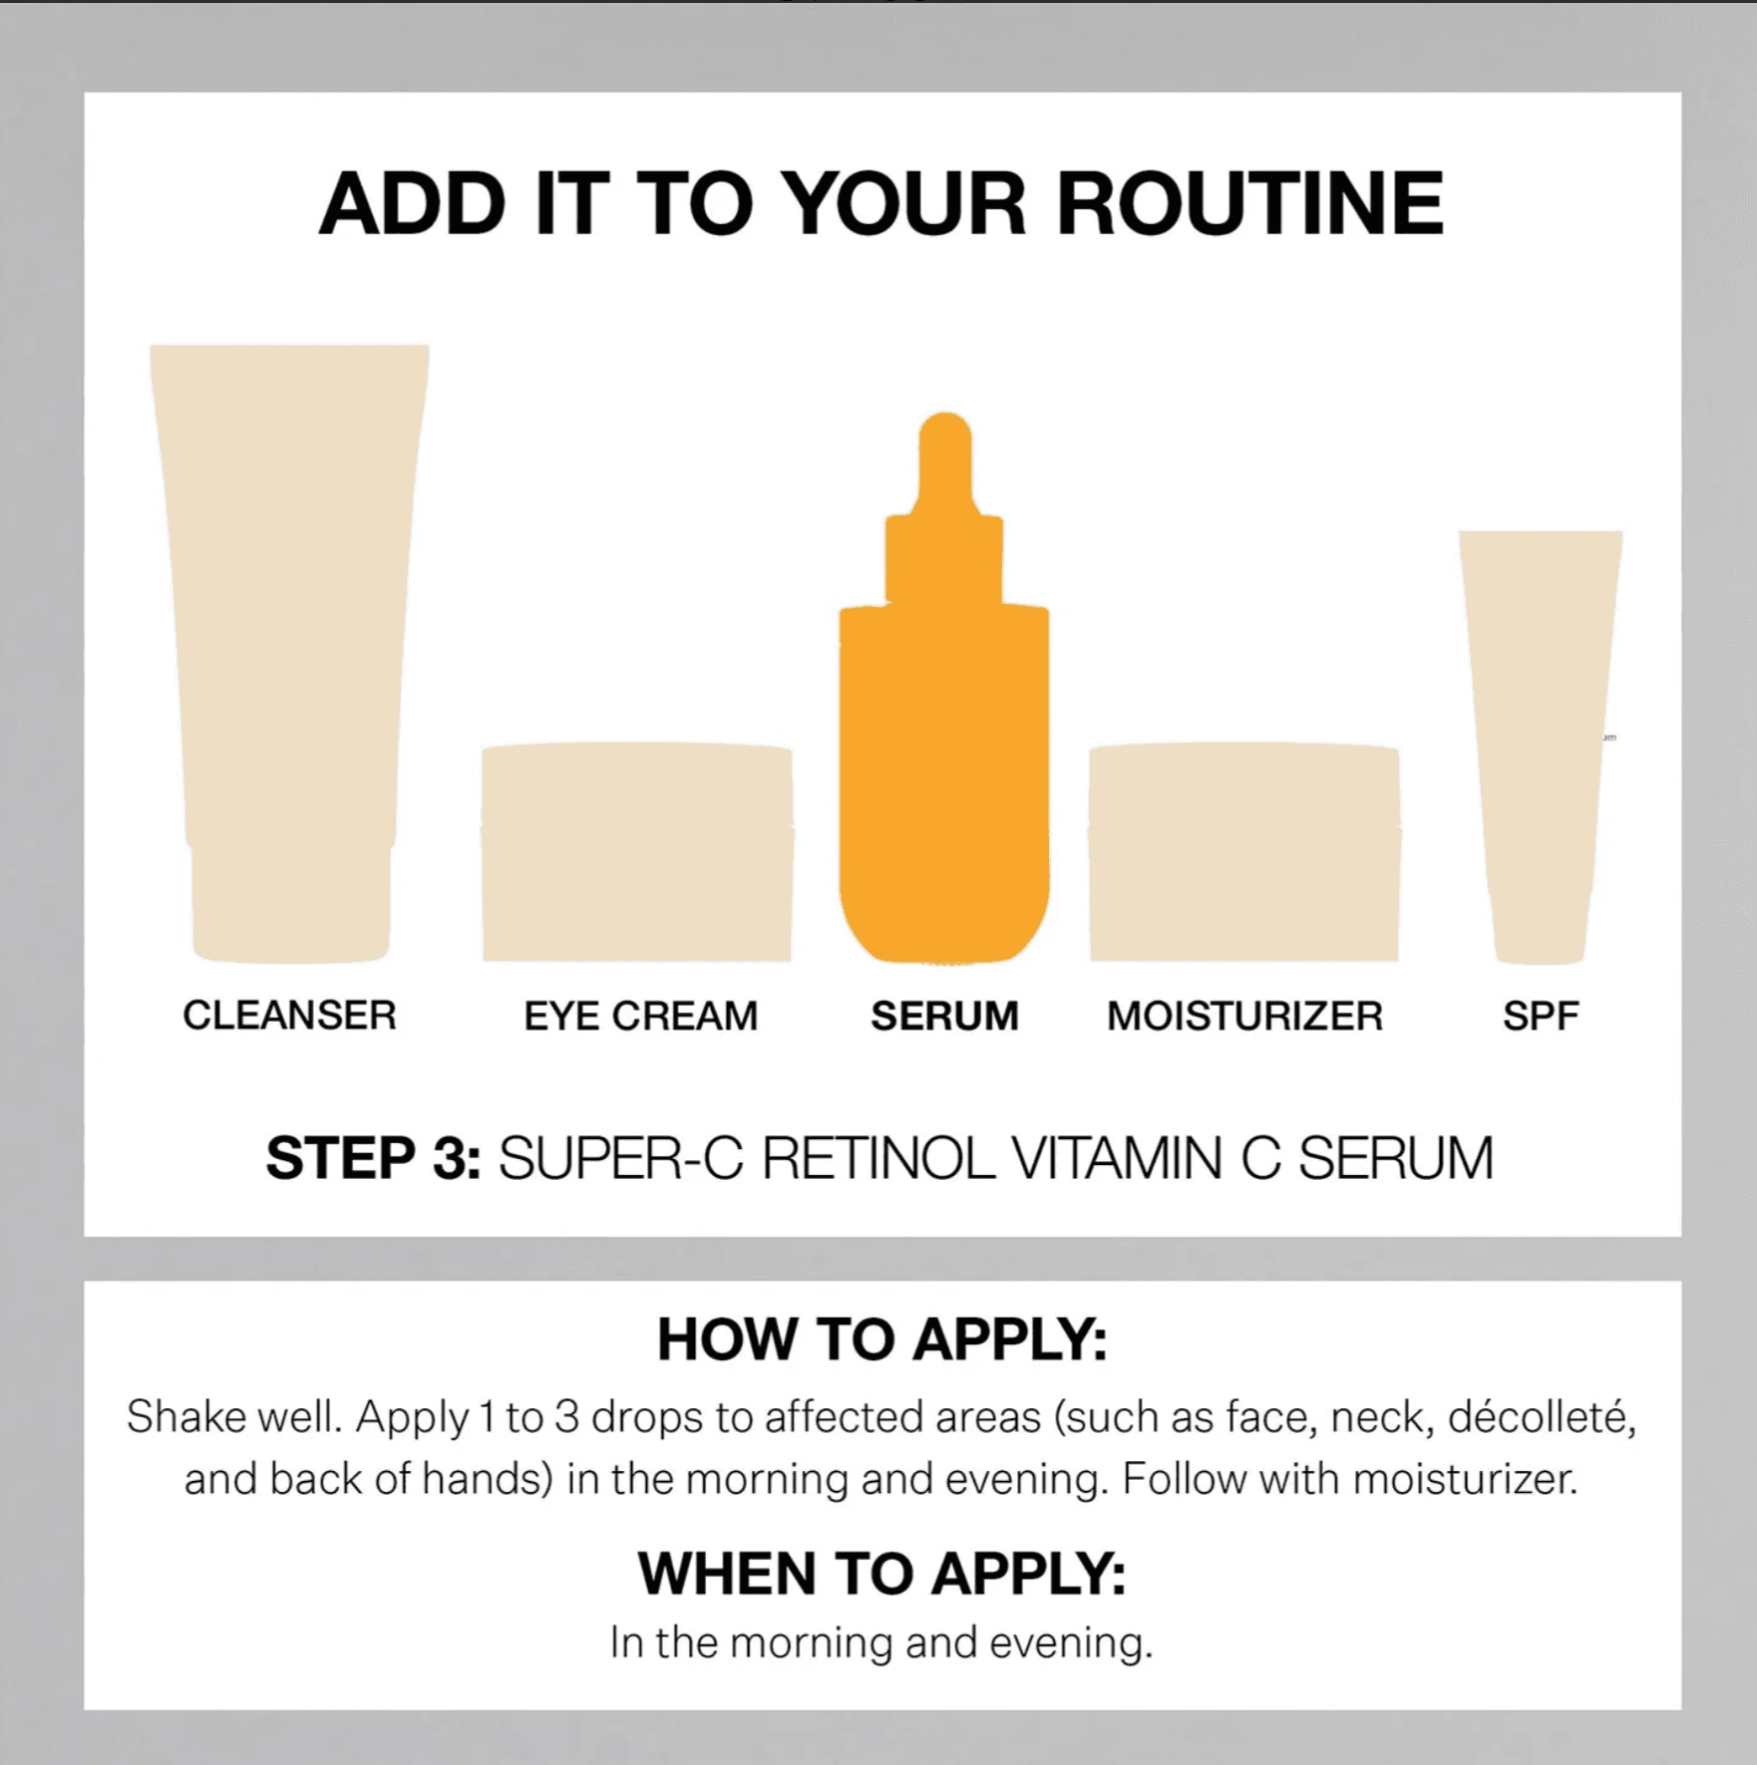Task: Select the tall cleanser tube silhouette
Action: (x=289, y=598)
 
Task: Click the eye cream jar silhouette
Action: (x=637, y=852)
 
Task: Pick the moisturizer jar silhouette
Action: (x=1244, y=852)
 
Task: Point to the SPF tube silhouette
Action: (x=1540, y=737)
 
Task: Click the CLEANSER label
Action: (x=289, y=1016)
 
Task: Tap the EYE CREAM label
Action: (x=640, y=1017)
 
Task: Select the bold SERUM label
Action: (x=944, y=1017)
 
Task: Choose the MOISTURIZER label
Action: (x=1244, y=1017)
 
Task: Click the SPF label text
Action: (x=1541, y=1017)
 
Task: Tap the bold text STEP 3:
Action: (x=373, y=1159)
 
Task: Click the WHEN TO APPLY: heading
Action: (x=881, y=1574)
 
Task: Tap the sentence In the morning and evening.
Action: (x=881, y=1642)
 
